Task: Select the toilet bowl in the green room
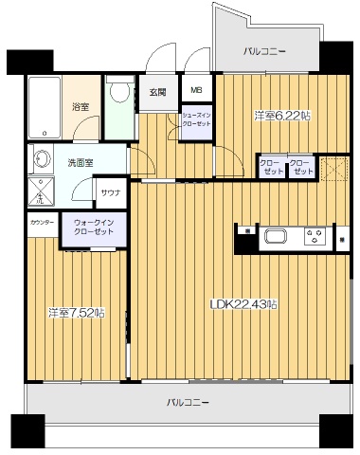pyautogui.click(x=118, y=92)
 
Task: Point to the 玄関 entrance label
pyautogui.click(x=157, y=92)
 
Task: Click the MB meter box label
pyautogui.click(x=196, y=91)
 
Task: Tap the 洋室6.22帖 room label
pyautogui.click(x=282, y=115)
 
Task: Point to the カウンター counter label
pyautogui.click(x=42, y=222)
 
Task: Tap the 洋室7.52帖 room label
pyautogui.click(x=78, y=311)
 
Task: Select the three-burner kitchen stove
pyautogui.click(x=314, y=238)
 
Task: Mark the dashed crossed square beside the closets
pyautogui.click(x=333, y=168)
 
